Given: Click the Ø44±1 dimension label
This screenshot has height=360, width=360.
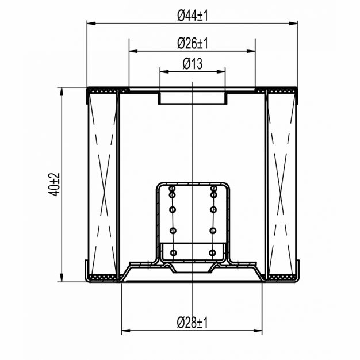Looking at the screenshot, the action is (193, 16).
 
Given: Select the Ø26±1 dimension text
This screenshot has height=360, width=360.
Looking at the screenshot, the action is (193, 43).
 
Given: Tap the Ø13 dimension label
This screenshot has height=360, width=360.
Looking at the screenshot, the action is (193, 64).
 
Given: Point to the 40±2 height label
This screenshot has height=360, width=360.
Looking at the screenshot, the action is (54, 185).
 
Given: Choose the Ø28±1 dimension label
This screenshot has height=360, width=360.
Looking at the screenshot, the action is (193, 323).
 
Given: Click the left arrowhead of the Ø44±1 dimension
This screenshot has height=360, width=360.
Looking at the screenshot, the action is (91, 24).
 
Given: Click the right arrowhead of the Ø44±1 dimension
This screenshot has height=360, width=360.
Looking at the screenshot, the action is (293, 24).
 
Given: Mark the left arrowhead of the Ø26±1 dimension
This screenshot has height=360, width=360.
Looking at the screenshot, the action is (133, 51).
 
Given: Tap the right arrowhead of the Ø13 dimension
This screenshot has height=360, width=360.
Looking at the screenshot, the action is (221, 72).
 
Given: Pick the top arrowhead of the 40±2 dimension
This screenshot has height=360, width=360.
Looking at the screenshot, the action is (62, 91).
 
